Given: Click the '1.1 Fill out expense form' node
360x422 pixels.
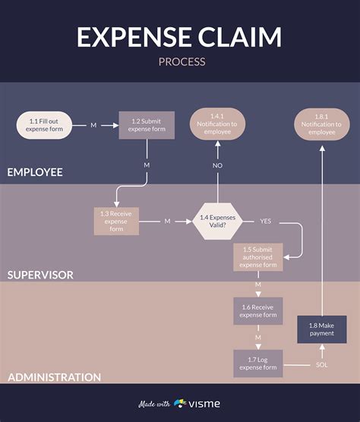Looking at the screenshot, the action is tap(44, 125).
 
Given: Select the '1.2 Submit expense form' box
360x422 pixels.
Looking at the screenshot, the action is tap(147, 125).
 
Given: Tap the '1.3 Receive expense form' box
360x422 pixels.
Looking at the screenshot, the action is tap(116, 221).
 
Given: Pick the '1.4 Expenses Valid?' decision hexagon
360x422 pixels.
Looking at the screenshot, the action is tap(217, 221).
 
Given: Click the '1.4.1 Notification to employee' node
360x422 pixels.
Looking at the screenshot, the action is tap(217, 124).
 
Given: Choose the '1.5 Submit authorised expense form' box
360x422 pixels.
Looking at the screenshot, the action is tap(258, 257).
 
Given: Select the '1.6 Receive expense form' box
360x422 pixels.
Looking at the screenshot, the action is tap(258, 311).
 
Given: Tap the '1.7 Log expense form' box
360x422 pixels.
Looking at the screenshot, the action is tap(258, 364).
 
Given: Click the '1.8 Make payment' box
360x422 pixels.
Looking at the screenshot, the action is tap(322, 329).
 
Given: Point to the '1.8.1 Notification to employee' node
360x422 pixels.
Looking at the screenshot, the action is tap(322, 124).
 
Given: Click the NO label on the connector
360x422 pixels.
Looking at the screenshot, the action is tap(217, 165).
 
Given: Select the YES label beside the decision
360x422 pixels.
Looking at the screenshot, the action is tap(266, 221).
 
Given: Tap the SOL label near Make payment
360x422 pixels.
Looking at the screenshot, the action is tap(322, 365).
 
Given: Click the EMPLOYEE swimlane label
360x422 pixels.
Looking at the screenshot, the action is tap(35, 172).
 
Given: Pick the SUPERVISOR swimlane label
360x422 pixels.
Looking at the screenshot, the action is tap(40, 275).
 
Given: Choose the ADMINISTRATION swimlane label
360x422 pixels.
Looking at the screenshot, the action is tap(55, 377).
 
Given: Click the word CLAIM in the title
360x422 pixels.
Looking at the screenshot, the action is tap(240, 37).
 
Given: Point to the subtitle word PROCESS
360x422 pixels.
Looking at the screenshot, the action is tap(182, 61).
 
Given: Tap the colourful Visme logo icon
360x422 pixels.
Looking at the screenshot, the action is tap(180, 403).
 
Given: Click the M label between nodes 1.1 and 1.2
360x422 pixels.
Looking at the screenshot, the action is tap(93, 125).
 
